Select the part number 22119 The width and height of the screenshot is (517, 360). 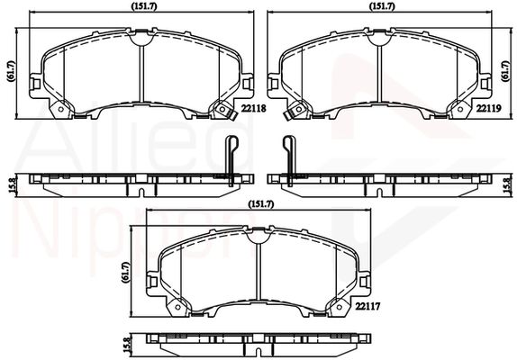(x=486, y=107)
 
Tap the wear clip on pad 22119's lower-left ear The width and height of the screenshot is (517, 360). (x=293, y=114)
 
